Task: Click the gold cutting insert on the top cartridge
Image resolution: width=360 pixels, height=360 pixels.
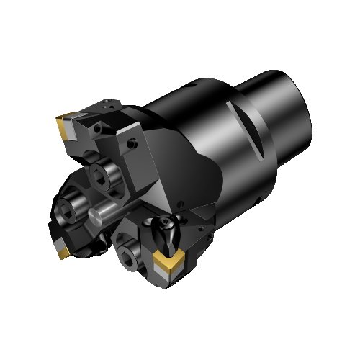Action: (62, 129)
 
